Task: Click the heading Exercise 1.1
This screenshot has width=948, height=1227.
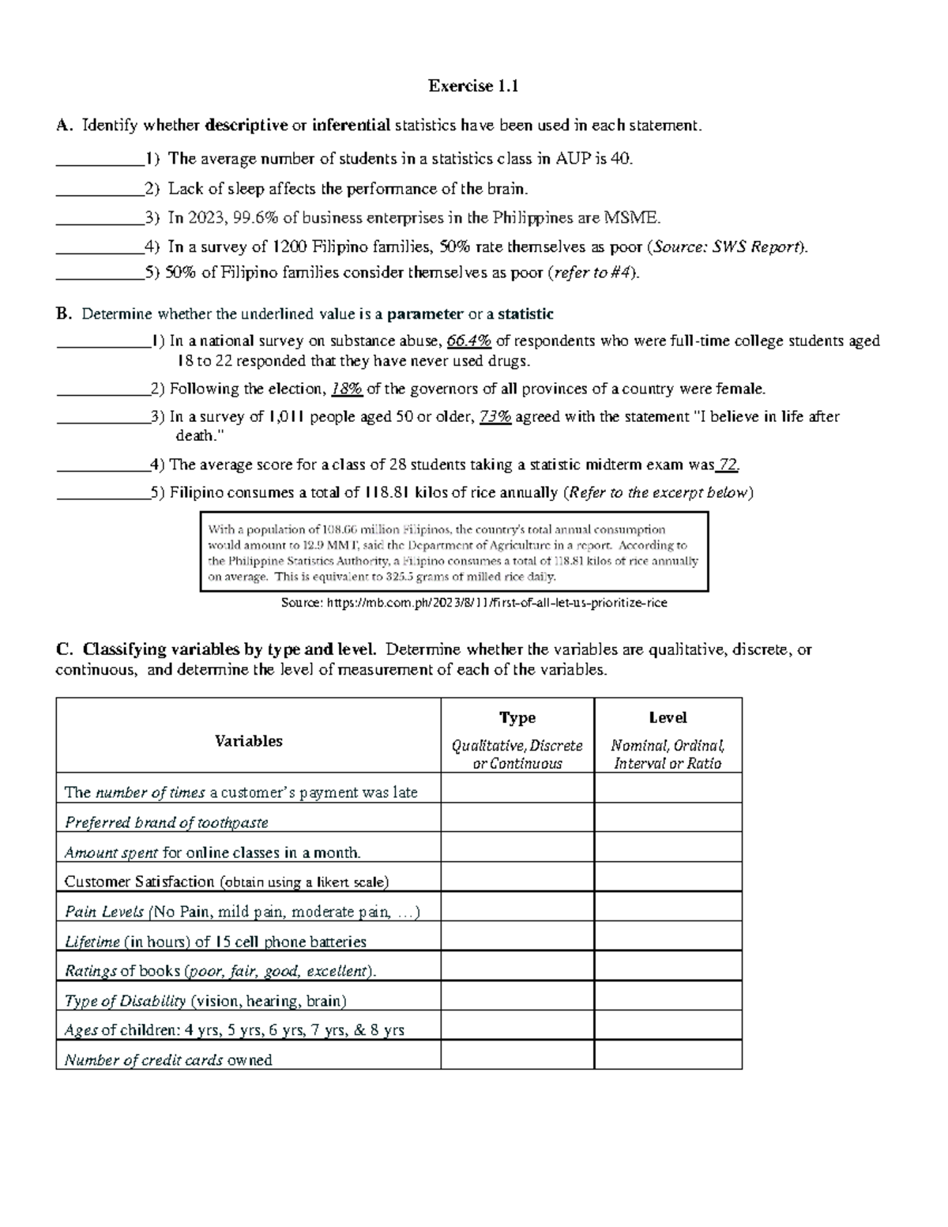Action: [473, 86]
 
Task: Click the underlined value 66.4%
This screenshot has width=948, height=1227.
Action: [468, 341]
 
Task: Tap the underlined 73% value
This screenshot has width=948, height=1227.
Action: [495, 417]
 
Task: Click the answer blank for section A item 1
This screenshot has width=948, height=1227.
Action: [100, 160]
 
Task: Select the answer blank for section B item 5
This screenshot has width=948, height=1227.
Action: [103, 493]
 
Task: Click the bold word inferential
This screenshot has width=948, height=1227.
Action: [352, 125]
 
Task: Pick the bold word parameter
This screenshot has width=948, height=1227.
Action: [424, 314]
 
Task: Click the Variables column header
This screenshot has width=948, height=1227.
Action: [248, 741]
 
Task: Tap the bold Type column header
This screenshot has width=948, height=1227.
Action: [517, 717]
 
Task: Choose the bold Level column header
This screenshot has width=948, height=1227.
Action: [668, 717]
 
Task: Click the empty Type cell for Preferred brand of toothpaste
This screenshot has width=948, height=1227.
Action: [517, 822]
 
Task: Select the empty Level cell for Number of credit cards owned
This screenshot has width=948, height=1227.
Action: [668, 1060]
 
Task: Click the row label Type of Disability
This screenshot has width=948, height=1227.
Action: [125, 1001]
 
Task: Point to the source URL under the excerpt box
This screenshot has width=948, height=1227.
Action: [474, 603]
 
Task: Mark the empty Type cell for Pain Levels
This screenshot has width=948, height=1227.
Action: [517, 912]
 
